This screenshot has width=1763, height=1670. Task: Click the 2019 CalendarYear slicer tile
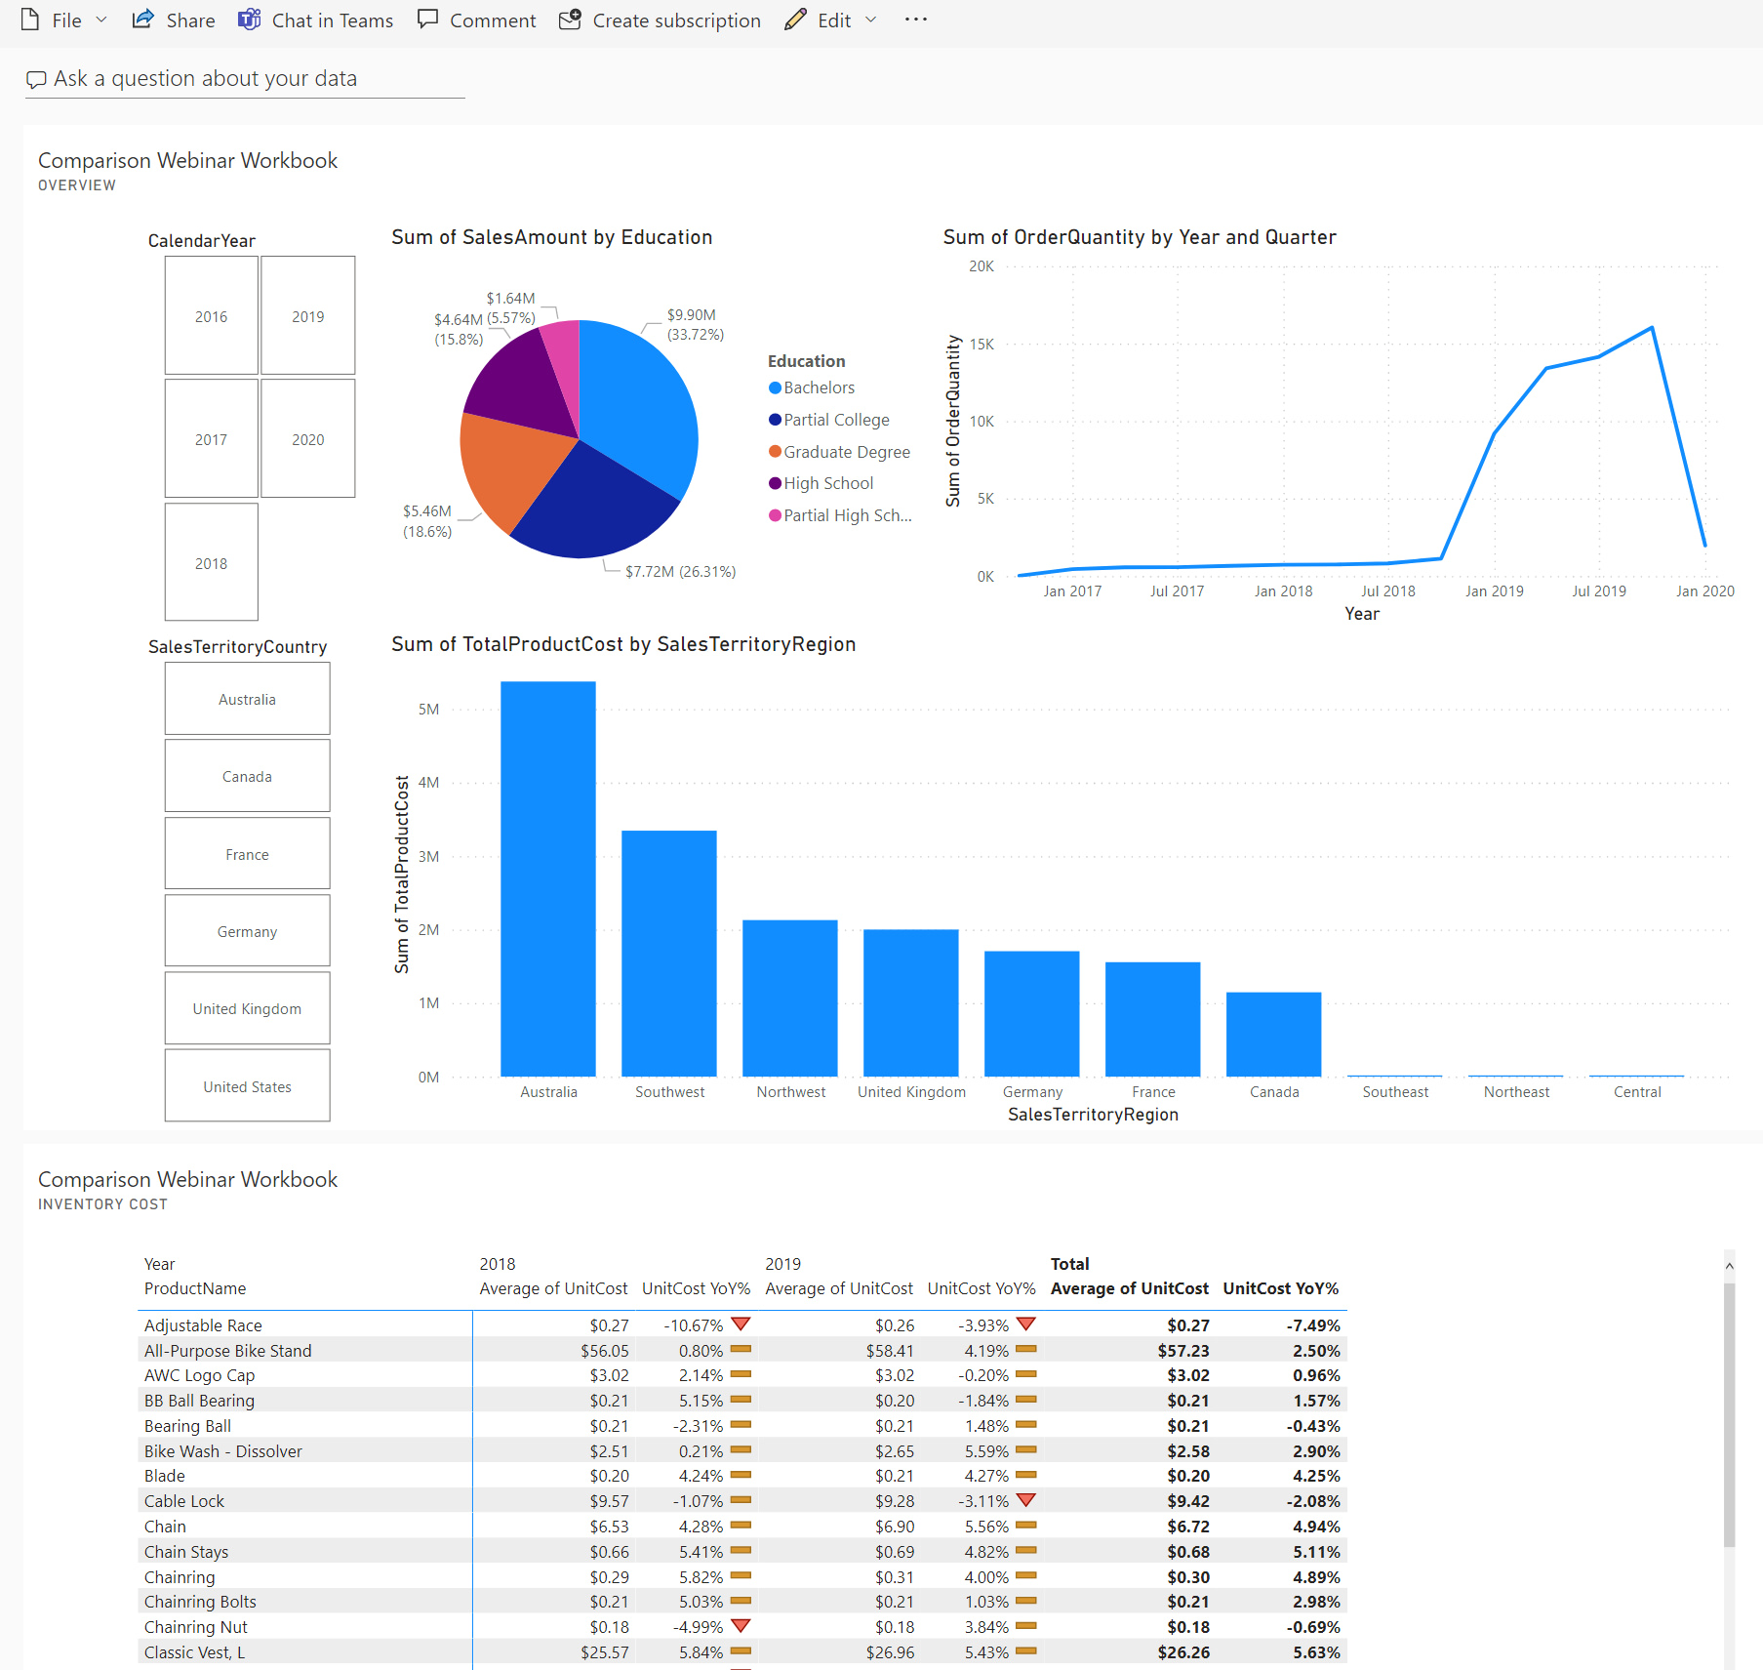(307, 316)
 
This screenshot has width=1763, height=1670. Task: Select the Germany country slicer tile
(247, 931)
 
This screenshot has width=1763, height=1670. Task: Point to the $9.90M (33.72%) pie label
(695, 324)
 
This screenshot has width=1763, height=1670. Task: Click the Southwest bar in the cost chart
(669, 953)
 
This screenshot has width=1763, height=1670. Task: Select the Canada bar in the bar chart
(1273, 1035)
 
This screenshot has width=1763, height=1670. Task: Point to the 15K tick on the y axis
(982, 345)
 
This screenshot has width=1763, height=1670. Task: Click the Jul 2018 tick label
(1387, 591)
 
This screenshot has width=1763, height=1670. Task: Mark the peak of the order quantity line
(1652, 328)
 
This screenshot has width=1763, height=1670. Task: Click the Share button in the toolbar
(175, 20)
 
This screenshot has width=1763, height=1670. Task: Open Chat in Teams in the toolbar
(316, 20)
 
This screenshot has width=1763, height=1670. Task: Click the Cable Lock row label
(184, 1501)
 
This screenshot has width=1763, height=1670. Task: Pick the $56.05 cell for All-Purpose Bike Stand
(605, 1351)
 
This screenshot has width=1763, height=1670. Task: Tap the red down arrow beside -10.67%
(741, 1324)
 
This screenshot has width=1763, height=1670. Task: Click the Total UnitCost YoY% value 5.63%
(1316, 1652)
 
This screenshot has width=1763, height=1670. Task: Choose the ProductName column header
(195, 1288)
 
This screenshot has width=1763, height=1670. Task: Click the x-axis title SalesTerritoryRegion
(1093, 1115)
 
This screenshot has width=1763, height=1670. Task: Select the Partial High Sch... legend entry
(846, 515)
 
